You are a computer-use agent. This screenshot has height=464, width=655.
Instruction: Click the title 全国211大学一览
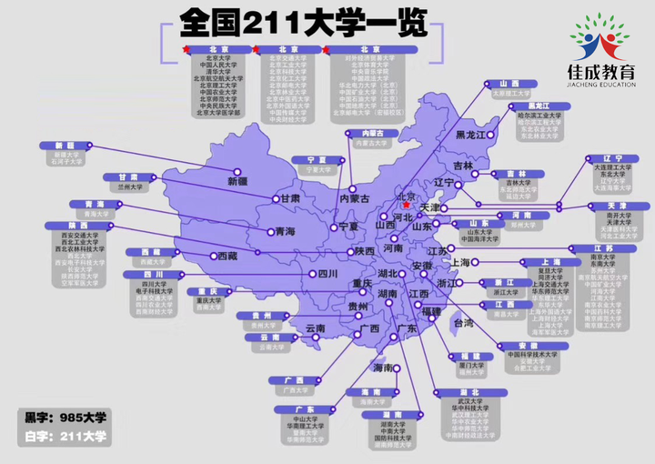point(303,22)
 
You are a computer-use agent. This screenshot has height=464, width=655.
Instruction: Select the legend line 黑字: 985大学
point(65,418)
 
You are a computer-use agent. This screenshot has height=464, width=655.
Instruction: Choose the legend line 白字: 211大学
point(65,437)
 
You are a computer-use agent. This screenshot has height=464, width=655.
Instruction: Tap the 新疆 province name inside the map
point(237,181)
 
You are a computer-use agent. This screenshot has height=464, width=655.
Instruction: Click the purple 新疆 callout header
point(65,146)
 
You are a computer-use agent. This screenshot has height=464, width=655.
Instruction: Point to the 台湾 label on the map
point(463,322)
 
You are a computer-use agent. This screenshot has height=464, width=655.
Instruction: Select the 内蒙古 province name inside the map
point(354,197)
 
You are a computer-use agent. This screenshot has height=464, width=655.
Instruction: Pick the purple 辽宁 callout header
point(600,158)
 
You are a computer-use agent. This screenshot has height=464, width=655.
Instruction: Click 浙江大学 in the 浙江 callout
point(505,293)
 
